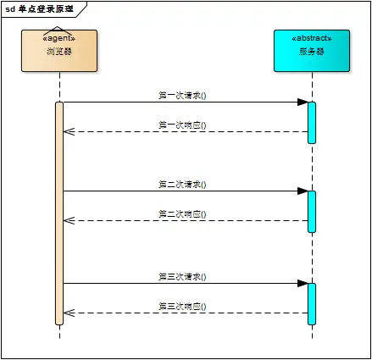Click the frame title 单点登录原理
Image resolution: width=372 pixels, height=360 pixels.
click(x=45, y=9)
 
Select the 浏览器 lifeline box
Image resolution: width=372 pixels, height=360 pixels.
click(x=59, y=51)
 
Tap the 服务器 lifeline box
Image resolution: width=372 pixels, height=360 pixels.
click(x=312, y=51)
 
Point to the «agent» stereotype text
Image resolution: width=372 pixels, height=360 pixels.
click(x=59, y=39)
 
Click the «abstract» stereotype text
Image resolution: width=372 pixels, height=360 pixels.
click(x=312, y=39)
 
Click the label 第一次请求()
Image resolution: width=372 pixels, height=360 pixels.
click(x=182, y=96)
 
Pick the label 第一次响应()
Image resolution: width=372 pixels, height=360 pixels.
click(x=182, y=125)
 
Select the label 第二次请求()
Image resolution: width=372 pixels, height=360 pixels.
click(x=182, y=184)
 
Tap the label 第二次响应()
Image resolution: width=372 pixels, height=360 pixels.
click(x=182, y=213)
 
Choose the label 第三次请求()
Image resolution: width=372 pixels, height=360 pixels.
click(x=182, y=276)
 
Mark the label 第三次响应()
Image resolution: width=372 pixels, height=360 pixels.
click(x=182, y=306)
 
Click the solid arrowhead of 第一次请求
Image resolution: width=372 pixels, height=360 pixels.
click(x=303, y=102)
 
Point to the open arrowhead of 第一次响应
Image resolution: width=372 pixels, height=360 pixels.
click(x=69, y=131)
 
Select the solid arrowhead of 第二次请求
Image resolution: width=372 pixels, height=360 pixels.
click(x=303, y=191)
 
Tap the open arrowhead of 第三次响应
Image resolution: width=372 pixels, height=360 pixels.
click(x=69, y=313)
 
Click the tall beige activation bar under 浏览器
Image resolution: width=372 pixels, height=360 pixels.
click(x=59, y=212)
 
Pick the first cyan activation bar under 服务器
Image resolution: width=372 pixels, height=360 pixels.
click(x=312, y=122)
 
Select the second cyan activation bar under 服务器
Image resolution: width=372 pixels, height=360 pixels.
click(x=312, y=211)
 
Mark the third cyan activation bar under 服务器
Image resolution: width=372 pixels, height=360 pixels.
click(x=312, y=303)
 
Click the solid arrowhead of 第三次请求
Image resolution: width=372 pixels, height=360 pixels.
click(x=303, y=283)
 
